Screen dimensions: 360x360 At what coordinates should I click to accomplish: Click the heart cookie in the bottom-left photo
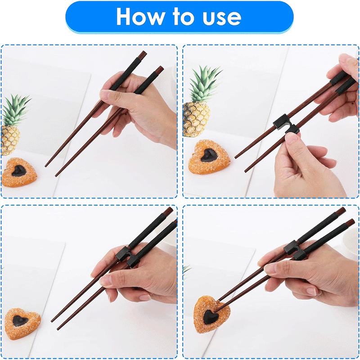click(22, 320)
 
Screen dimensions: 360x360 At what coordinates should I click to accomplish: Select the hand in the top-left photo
click(135, 106)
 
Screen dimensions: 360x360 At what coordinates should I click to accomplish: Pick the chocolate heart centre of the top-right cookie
click(208, 155)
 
